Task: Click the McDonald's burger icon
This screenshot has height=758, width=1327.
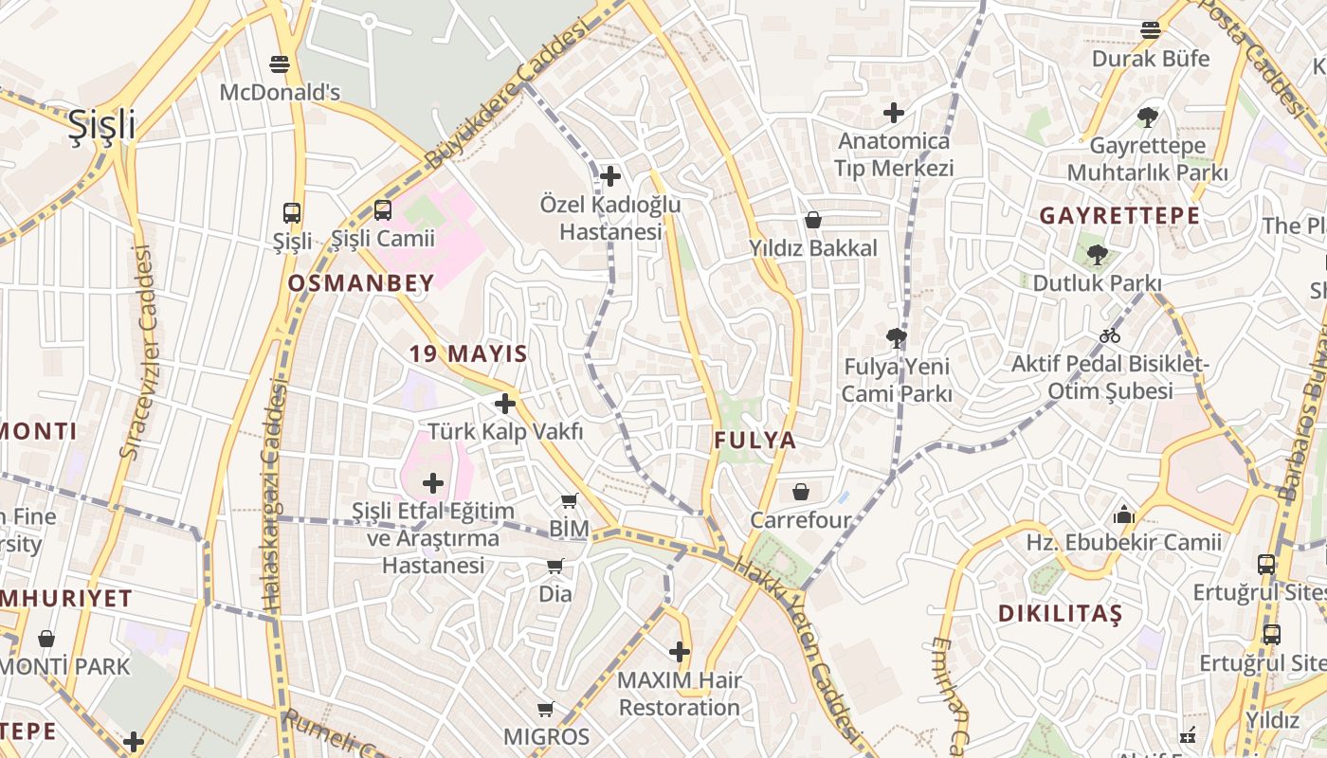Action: click(x=279, y=63)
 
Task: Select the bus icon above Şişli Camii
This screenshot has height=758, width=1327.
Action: click(x=382, y=209)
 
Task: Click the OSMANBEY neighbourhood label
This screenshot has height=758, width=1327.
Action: click(x=360, y=282)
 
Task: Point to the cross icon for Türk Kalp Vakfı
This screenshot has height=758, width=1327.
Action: click(x=505, y=404)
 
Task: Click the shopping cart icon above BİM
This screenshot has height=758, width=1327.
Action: click(x=569, y=500)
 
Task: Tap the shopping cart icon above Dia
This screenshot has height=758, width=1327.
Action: click(x=554, y=566)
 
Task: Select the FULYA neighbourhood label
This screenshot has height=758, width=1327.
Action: click(x=754, y=441)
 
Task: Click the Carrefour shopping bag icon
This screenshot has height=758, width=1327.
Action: click(x=801, y=492)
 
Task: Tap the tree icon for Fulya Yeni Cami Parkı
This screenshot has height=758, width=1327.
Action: click(x=896, y=336)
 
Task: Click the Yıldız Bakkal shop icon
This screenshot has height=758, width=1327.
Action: click(x=812, y=220)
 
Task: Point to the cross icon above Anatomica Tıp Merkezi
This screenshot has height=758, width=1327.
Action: click(x=893, y=114)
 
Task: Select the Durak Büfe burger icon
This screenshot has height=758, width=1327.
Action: click(x=1150, y=29)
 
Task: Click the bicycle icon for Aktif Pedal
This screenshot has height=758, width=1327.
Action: click(x=1109, y=335)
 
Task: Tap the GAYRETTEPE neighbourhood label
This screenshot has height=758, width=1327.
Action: click(x=1119, y=215)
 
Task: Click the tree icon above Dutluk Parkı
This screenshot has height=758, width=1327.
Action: click(x=1097, y=254)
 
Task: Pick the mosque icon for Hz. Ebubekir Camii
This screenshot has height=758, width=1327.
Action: click(x=1123, y=514)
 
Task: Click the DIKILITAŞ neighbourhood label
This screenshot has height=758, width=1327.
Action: click(x=1060, y=613)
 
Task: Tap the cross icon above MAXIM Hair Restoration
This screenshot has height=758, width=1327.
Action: click(x=679, y=652)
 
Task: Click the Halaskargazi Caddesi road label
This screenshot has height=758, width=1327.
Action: click(x=274, y=493)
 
